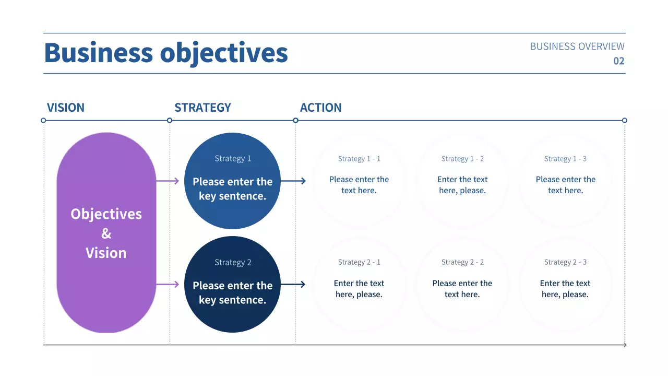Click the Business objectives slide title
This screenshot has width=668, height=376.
pyautogui.click(x=166, y=53)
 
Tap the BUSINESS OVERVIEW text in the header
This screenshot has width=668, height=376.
pyautogui.click(x=577, y=46)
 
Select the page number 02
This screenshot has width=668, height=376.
pyautogui.click(x=618, y=61)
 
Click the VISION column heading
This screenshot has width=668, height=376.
pyautogui.click(x=65, y=108)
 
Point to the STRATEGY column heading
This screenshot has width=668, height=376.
pyautogui.click(x=202, y=108)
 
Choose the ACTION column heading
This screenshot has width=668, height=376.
pyautogui.click(x=320, y=108)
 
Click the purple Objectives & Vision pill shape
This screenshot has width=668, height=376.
pyautogui.click(x=106, y=233)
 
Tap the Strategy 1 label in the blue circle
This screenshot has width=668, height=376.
pyautogui.click(x=233, y=158)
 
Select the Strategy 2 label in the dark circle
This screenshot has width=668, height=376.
pyautogui.click(x=233, y=262)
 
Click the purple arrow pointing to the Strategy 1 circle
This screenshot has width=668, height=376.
pyautogui.click(x=168, y=181)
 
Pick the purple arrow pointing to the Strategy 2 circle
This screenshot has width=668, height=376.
pyautogui.click(x=168, y=285)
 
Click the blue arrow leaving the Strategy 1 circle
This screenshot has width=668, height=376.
pyautogui.click(x=293, y=181)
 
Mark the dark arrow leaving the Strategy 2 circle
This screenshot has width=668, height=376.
pyautogui.click(x=293, y=285)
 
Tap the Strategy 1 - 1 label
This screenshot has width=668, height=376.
pyautogui.click(x=359, y=159)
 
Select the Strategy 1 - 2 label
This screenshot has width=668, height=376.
pyautogui.click(x=462, y=159)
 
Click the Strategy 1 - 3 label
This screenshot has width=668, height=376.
pyautogui.click(x=565, y=159)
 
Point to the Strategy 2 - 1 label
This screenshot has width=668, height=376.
pyautogui.click(x=359, y=262)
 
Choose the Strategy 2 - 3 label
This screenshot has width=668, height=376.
pyautogui.click(x=565, y=262)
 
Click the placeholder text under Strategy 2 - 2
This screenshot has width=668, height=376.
pyautogui.click(x=462, y=289)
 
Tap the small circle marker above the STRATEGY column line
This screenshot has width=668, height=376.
pyautogui.click(x=170, y=121)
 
